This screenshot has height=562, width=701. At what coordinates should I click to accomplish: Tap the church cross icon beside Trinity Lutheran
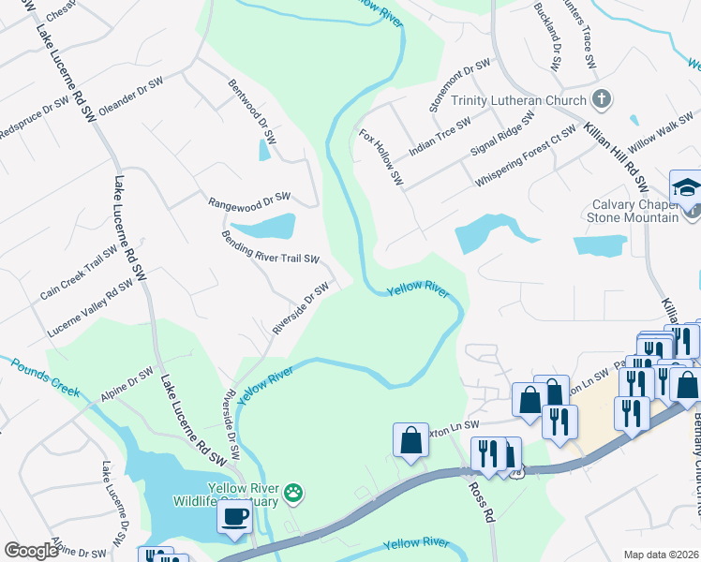(x=601, y=99)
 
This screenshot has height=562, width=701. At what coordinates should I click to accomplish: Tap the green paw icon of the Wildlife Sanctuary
(x=293, y=491)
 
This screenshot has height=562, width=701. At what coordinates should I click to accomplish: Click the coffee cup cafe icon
(x=233, y=516)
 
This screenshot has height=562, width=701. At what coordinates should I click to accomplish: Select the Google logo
(x=31, y=551)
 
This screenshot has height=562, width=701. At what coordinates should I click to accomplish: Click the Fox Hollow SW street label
(x=380, y=156)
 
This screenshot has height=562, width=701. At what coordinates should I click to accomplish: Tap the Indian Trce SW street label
(x=440, y=137)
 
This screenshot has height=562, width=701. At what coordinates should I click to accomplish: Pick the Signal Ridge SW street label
(x=502, y=134)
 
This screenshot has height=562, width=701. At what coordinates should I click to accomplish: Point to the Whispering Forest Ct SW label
(x=525, y=155)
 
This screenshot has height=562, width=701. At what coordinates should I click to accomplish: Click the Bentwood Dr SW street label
(x=253, y=111)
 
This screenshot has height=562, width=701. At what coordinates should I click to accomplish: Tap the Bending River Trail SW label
(x=271, y=247)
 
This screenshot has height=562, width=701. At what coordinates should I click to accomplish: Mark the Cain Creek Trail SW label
(x=79, y=274)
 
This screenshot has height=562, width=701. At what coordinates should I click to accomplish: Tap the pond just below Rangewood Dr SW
(x=263, y=227)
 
